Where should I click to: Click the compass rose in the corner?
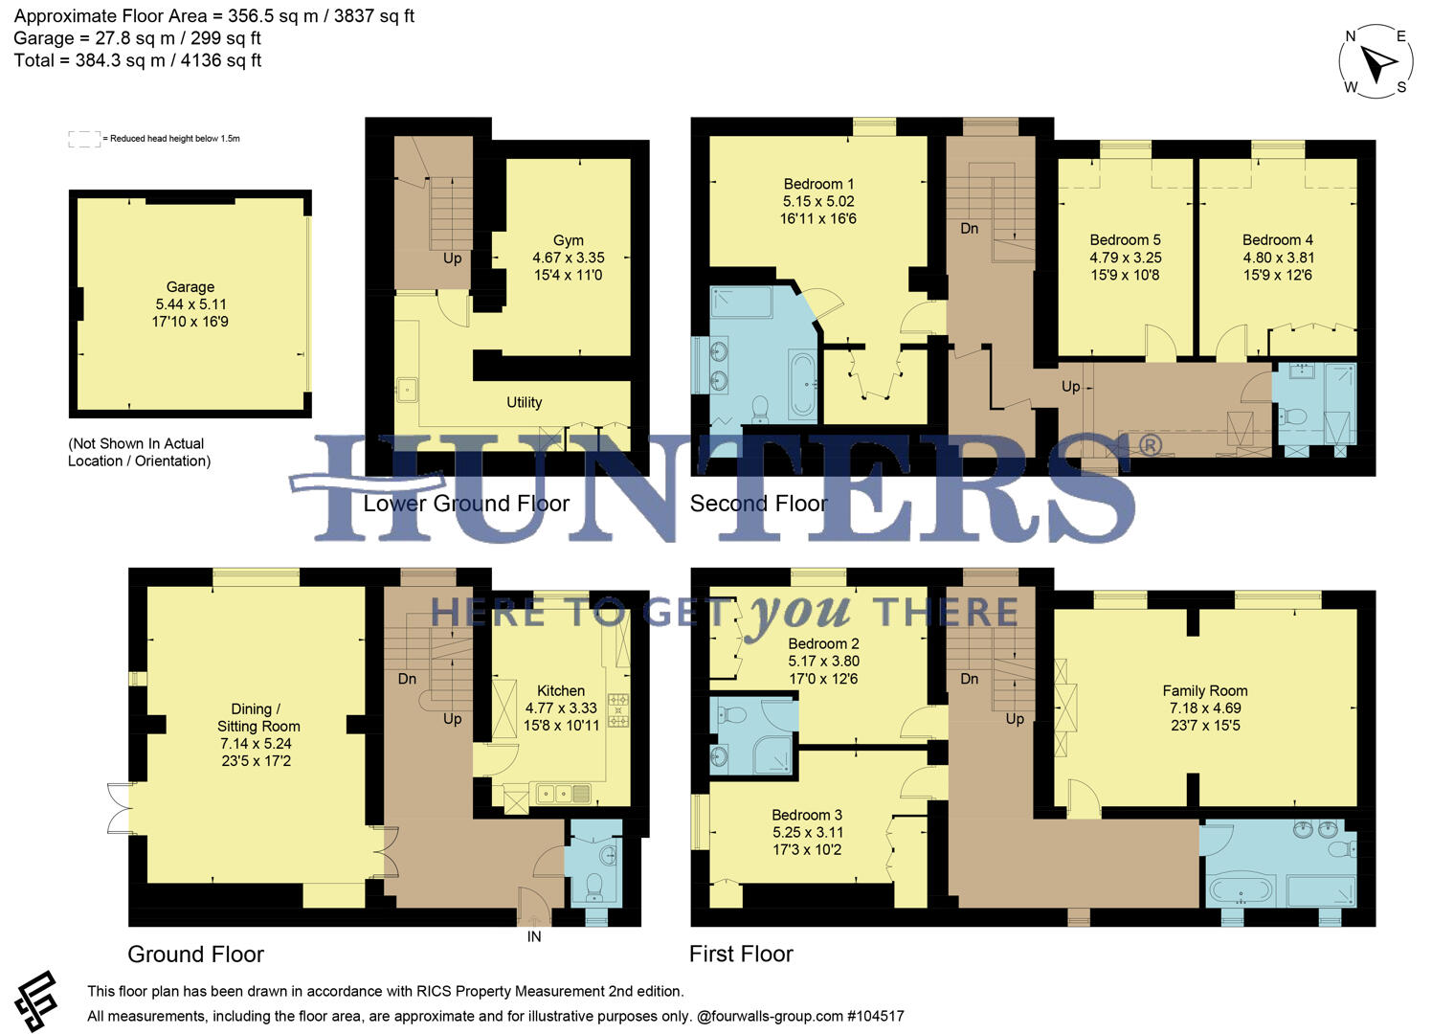coord(1376,62)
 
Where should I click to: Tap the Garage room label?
coord(190,287)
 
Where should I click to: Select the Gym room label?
coord(568,241)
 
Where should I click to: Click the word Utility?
coord(524,403)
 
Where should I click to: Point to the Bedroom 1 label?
coord(818,185)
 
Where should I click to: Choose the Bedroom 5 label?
coord(1125,240)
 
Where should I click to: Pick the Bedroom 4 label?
coord(1277,240)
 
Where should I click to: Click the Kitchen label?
coord(561,691)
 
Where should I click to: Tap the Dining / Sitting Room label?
coord(257,718)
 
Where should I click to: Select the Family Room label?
coord(1204,691)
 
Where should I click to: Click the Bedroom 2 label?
coord(823,644)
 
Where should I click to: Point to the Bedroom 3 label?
coord(807,816)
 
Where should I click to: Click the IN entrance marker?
coord(534,937)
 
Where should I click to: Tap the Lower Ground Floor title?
coord(466,505)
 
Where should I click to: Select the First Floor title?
coord(741,955)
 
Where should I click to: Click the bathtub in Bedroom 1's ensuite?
coord(801,387)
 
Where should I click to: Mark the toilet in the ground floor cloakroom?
coord(593,885)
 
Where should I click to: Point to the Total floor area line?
coord(138,60)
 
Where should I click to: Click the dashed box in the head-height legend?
coord(84,139)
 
